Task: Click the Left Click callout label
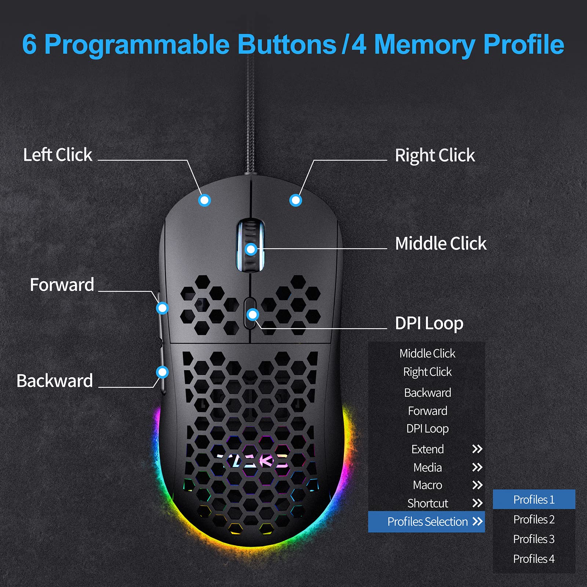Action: [58, 155]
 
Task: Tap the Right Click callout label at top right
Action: [435, 156]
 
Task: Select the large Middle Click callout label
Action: [441, 244]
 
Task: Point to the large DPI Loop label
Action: [429, 324]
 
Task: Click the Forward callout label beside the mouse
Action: [62, 285]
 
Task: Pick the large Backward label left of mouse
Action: [55, 381]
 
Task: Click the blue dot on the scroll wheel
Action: [251, 249]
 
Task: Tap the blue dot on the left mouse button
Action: [204, 200]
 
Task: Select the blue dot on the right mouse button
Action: [295, 200]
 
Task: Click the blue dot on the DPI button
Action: [253, 314]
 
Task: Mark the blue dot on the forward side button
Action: [162, 308]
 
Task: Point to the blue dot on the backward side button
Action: [162, 372]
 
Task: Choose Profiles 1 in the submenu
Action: [534, 499]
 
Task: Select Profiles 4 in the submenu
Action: [534, 559]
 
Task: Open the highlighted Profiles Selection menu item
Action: [428, 522]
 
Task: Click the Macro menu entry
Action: [427, 485]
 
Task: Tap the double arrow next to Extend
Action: [477, 449]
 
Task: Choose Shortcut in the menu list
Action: [428, 503]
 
